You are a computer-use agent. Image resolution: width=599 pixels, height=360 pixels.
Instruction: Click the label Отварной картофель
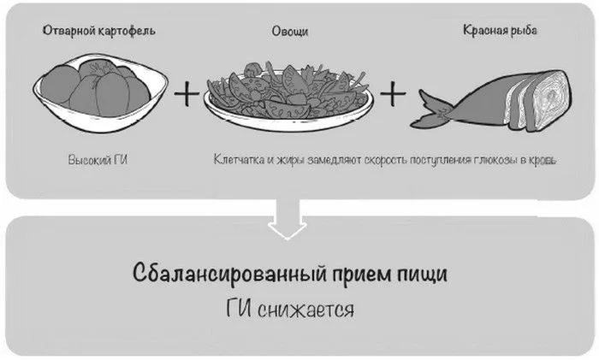click(x=99, y=31)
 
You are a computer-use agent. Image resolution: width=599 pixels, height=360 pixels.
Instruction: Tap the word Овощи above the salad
click(x=290, y=32)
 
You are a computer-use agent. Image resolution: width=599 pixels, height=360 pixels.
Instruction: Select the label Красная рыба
click(x=500, y=30)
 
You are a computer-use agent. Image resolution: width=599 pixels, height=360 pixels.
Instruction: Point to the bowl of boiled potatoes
click(x=100, y=92)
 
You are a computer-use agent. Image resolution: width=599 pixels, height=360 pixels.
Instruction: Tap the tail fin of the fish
click(x=434, y=109)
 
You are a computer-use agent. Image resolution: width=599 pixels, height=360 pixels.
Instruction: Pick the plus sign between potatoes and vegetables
click(x=187, y=92)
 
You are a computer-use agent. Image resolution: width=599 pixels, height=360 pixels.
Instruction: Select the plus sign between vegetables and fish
click(x=393, y=92)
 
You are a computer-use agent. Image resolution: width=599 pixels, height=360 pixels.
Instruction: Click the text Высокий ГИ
click(x=98, y=160)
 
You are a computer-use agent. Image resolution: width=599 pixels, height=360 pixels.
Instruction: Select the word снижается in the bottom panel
click(x=305, y=310)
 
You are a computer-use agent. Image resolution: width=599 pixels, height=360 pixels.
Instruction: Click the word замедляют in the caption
click(x=335, y=160)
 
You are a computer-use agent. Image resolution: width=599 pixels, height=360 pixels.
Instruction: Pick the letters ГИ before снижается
click(x=239, y=308)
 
